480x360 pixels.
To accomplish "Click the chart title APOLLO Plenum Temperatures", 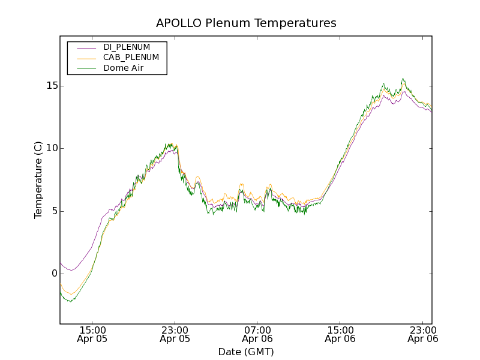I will tap(246, 23).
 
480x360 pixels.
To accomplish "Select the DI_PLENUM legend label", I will tap(127, 47).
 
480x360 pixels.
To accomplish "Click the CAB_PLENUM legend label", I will tap(131, 58).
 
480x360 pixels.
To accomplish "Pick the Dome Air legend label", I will tap(124, 68).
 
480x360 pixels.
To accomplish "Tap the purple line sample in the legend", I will tap(86, 47).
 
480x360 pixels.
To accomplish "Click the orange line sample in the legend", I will tap(86, 58).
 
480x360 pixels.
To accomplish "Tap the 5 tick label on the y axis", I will tap(53, 211).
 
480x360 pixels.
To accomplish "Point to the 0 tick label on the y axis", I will tap(53, 274).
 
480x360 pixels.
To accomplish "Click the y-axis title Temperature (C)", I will tap(38, 180).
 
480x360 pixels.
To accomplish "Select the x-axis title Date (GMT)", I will tap(246, 352).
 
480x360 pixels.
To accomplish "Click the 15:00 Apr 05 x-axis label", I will tap(92, 334).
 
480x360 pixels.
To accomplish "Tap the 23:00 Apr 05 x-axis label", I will tap(175, 334).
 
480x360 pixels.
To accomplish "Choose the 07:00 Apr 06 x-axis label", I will tap(257, 334).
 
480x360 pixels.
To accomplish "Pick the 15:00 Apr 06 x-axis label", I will tap(340, 334).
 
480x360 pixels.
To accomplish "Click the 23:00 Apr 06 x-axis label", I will tap(422, 334).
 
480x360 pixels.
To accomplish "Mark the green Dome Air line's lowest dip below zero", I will tap(70, 301).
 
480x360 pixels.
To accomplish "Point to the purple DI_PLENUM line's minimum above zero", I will tap(71, 270).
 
